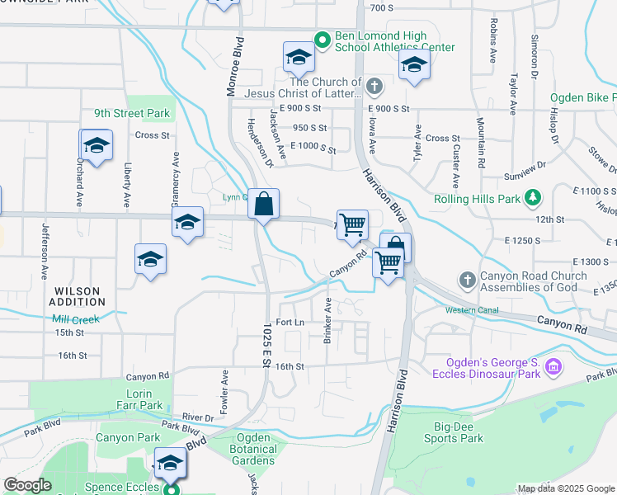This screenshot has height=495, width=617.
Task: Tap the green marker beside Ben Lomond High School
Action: coord(323,38)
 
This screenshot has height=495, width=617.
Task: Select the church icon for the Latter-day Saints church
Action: coord(374,86)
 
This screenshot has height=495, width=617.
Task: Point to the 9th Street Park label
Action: coord(131,113)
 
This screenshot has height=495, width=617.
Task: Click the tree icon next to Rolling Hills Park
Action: coord(534,198)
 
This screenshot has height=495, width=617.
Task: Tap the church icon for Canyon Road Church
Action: coord(468,280)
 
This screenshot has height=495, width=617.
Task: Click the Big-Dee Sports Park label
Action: coord(459,432)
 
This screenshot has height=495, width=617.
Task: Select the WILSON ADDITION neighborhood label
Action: coord(78,297)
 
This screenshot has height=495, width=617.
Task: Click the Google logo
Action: coord(27,486)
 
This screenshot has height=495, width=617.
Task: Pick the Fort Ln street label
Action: coord(290,322)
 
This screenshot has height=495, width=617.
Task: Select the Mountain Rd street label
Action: coord(480,136)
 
